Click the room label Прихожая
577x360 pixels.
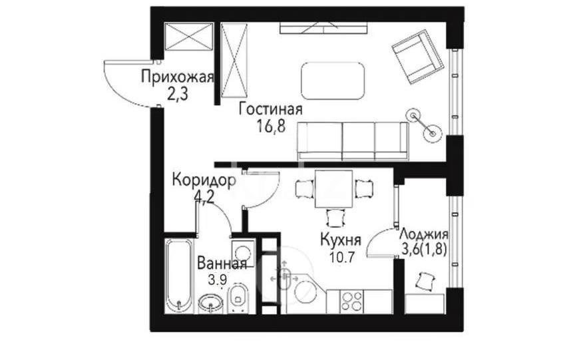(177, 77)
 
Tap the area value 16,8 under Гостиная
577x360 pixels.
(270, 126)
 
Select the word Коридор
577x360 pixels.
(203, 180)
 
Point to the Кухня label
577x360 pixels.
(340, 240)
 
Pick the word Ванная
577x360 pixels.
(222, 264)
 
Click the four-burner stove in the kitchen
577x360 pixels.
(352, 301)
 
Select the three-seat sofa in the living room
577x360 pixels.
(352, 140)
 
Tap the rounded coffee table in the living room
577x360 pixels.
(333, 81)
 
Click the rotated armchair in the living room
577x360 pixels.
(417, 58)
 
